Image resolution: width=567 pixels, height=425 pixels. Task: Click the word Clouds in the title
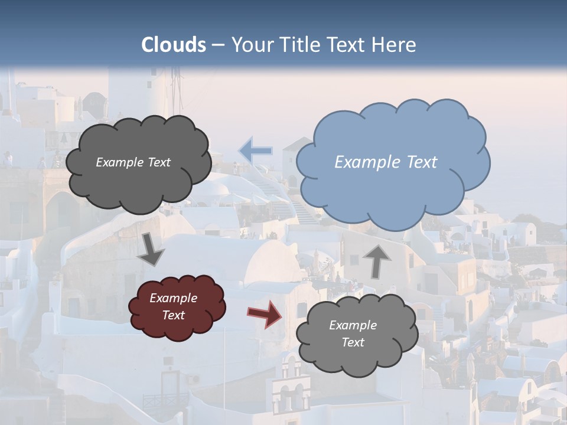pos(174,45)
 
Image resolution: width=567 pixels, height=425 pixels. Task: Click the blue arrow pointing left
pos(255,151)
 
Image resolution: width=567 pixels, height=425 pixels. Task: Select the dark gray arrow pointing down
pos(151,249)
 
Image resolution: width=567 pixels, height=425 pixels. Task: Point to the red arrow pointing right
pos(264,313)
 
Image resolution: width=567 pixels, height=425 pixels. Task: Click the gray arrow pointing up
pos(377,260)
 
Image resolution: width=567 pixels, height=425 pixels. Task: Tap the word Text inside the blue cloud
pos(422,162)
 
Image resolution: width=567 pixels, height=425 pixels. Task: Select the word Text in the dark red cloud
pos(174,315)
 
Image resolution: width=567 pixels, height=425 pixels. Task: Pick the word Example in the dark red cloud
pos(174,298)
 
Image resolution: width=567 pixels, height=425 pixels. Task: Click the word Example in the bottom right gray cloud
pos(353,325)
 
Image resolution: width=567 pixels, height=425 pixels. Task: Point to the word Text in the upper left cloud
pos(158,162)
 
